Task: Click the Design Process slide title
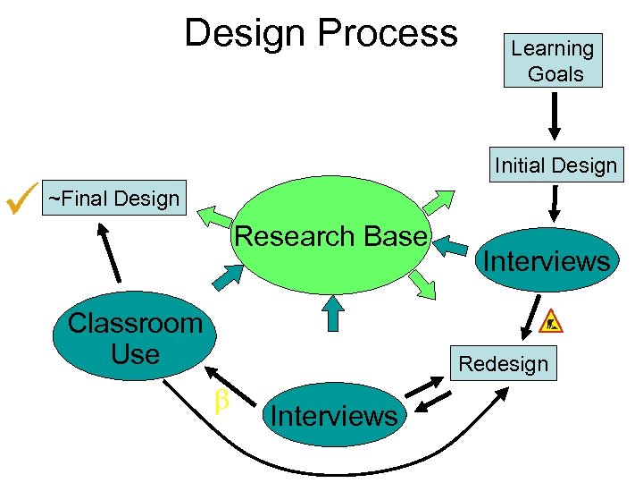(321, 34)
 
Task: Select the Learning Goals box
(553, 61)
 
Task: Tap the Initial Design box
(555, 165)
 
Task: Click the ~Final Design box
(113, 198)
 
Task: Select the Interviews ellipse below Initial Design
(547, 261)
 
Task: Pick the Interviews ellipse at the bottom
(333, 415)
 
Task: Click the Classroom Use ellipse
(135, 338)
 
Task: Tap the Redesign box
(503, 364)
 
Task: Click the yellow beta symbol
(221, 402)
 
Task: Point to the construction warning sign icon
(552, 320)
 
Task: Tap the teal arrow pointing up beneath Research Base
(332, 314)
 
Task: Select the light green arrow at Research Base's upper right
(438, 200)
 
